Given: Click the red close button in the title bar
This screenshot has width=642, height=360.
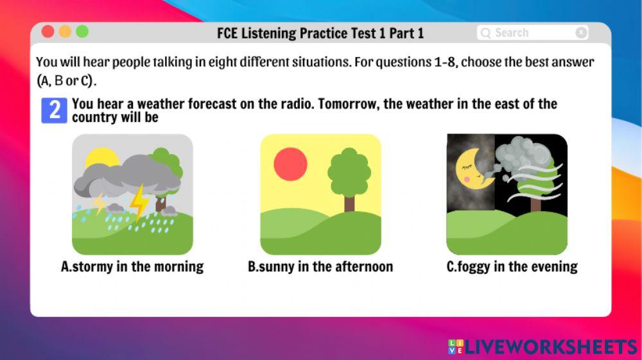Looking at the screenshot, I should [48, 31].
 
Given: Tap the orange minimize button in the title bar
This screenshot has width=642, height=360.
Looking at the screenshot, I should [65, 31].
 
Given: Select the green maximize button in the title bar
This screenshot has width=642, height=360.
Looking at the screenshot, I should [82, 31].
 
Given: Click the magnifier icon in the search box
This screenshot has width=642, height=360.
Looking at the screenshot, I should [486, 33].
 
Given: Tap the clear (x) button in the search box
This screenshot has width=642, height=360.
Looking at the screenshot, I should [581, 33].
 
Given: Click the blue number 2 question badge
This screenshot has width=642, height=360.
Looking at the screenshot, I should [54, 110].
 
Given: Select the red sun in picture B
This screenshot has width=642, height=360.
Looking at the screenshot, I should [290, 164].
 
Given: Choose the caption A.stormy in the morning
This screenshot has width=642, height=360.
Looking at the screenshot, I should [132, 267].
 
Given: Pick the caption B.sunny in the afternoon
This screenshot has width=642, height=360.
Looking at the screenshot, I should [320, 267].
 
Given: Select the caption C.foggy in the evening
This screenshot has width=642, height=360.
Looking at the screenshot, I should [512, 267].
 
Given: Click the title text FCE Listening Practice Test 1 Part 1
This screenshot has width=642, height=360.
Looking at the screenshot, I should [320, 33].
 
